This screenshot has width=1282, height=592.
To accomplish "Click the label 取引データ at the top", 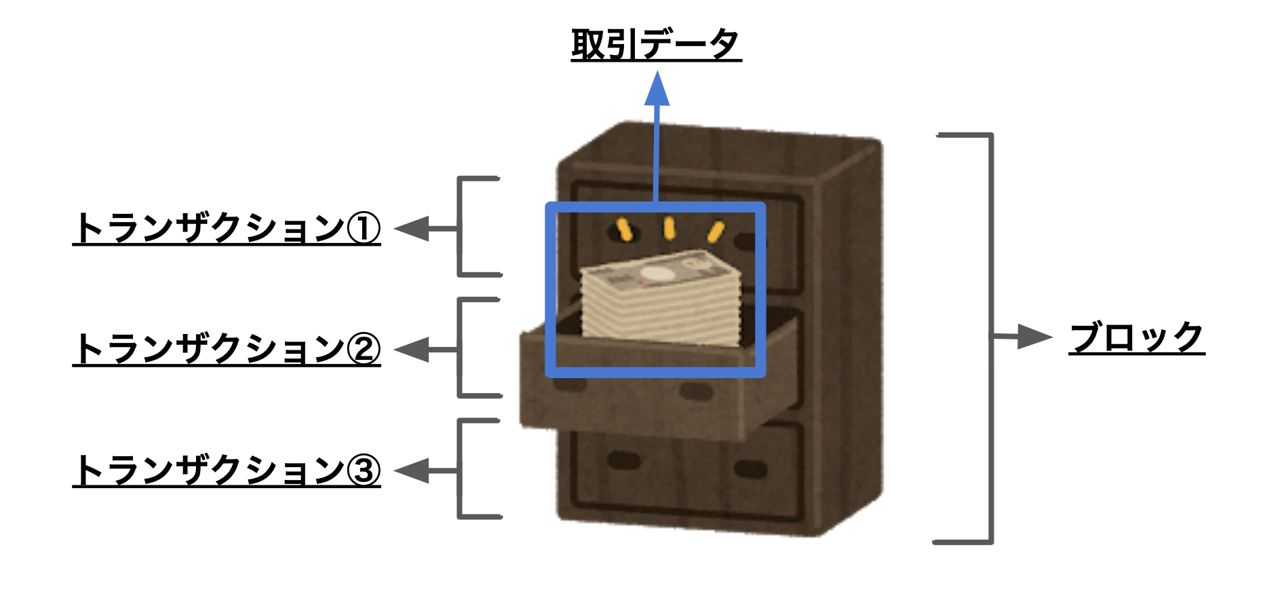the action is (656, 44).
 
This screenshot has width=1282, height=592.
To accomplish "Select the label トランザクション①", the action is (227, 228).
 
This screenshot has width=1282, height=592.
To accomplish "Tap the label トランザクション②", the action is (227, 350).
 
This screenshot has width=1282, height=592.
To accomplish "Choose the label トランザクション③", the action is (227, 470).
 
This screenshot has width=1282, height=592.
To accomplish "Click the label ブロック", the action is (1137, 337).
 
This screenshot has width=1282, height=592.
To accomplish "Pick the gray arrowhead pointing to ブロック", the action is (1035, 337).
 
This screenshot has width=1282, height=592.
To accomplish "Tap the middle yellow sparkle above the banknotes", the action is (669, 228).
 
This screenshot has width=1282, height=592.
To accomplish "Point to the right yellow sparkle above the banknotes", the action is (716, 232).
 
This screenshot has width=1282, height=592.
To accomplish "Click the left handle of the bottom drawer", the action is (624, 460).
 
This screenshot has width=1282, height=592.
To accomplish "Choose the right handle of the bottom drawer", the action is (750, 468).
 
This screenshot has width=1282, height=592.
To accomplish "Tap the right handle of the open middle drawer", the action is (695, 392).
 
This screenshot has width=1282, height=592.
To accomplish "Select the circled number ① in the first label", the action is (364, 229).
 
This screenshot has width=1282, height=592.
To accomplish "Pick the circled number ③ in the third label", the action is (364, 470).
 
